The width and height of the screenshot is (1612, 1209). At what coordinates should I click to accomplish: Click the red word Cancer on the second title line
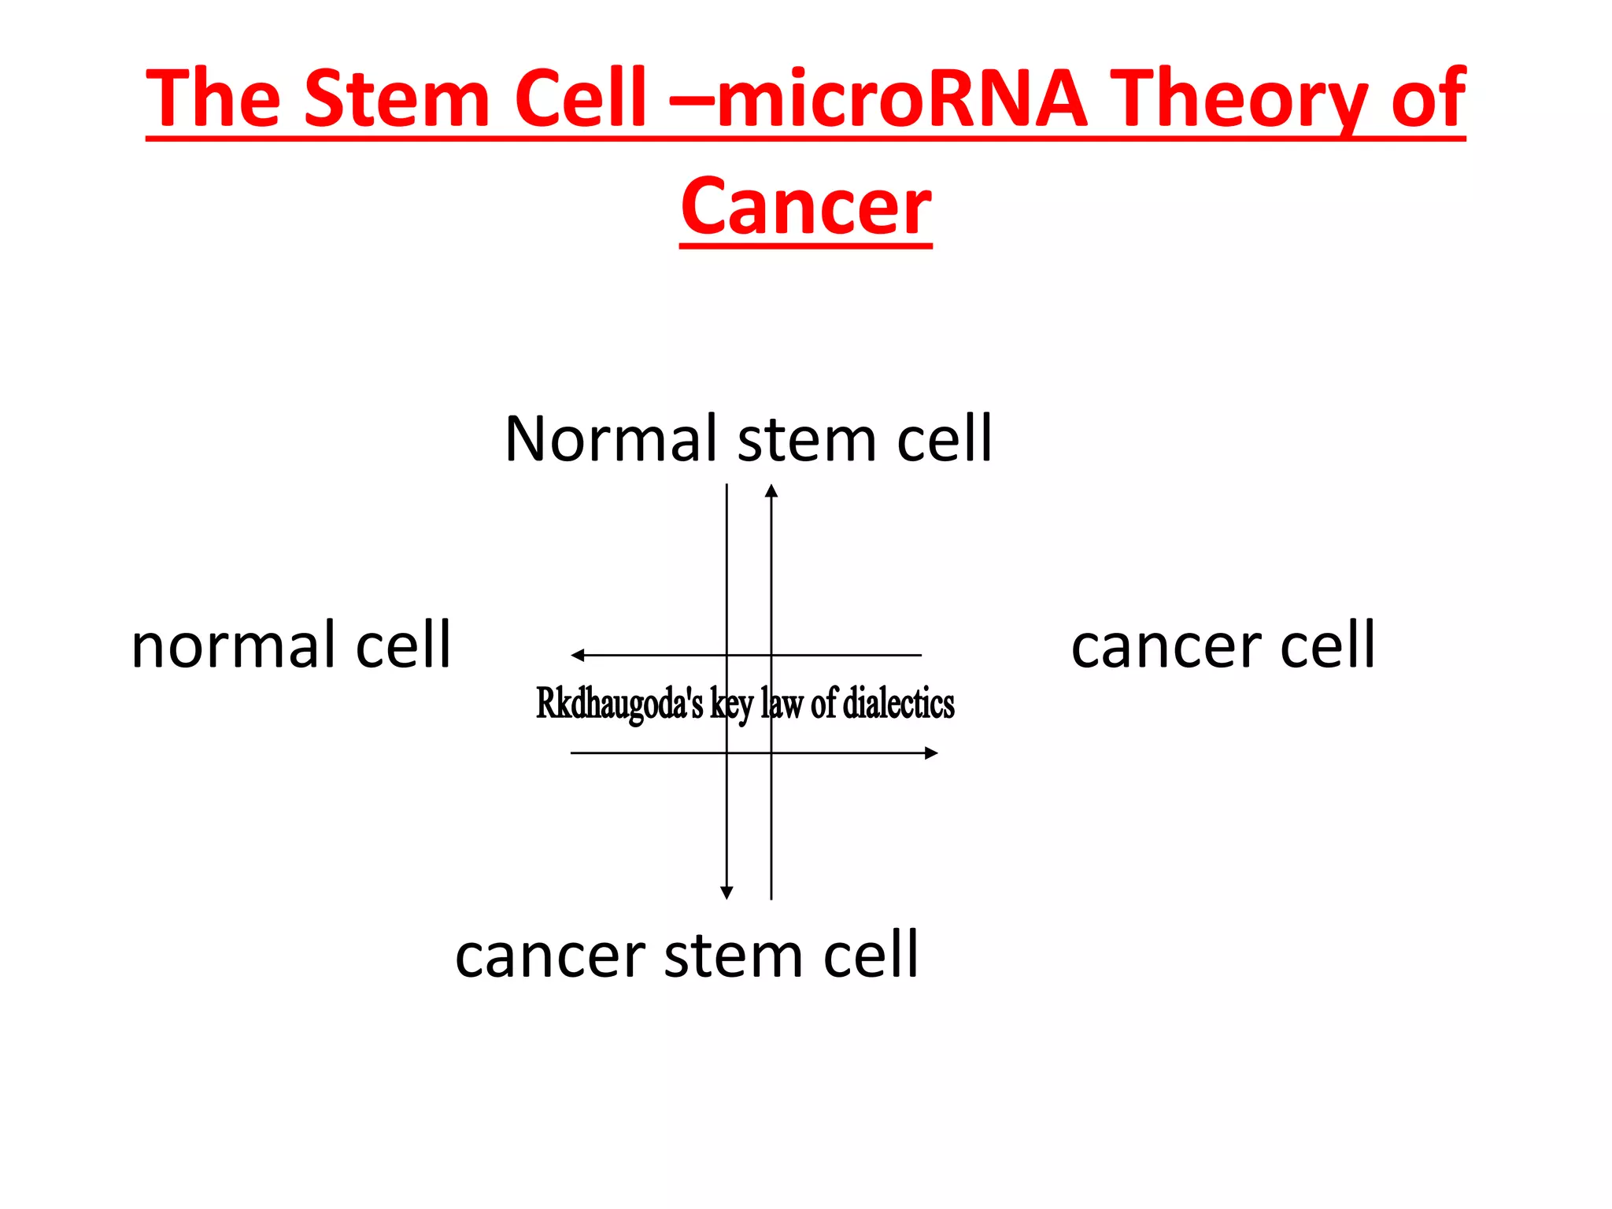click(x=806, y=207)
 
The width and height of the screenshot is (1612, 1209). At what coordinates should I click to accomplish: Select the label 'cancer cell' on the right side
click(x=1223, y=645)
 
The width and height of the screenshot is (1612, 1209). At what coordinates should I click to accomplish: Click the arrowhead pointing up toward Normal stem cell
click(x=771, y=491)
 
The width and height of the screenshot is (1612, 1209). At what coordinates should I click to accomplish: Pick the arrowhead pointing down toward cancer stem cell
click(x=727, y=893)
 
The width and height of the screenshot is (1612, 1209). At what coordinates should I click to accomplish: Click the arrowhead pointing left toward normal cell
click(x=578, y=655)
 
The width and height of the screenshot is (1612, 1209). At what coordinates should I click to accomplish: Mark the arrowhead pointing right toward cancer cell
click(x=931, y=753)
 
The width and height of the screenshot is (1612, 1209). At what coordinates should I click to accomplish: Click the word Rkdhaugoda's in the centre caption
click(x=619, y=703)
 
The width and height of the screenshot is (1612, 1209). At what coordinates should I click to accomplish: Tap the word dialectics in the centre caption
click(x=898, y=703)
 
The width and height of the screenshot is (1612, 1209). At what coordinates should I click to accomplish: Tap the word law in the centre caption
click(x=782, y=703)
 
